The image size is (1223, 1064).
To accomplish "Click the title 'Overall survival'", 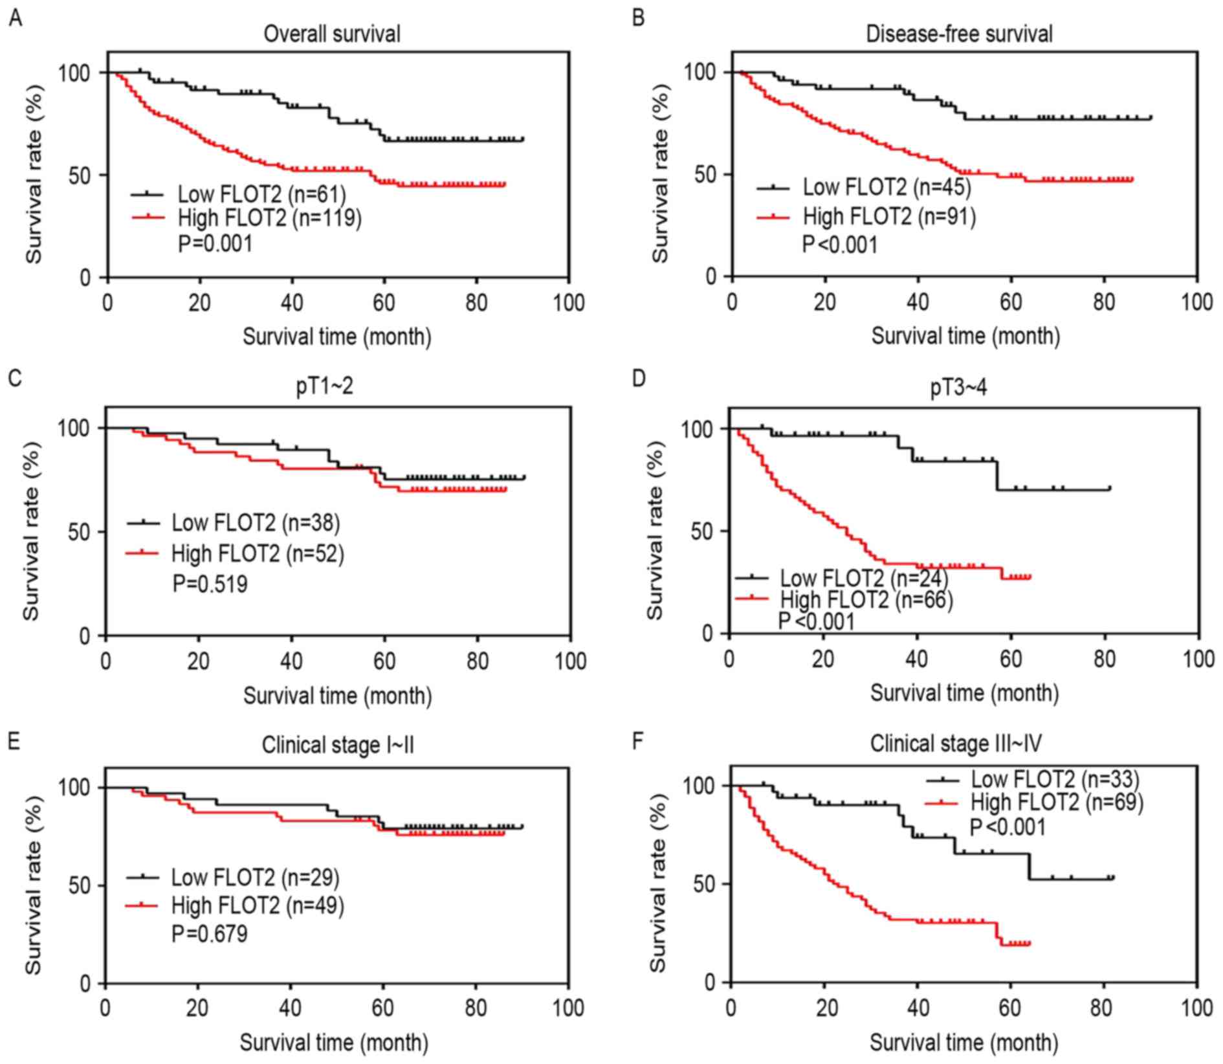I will click(x=332, y=34).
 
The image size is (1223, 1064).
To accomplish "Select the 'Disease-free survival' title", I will click(x=960, y=34).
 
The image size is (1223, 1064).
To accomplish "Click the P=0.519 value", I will click(x=210, y=584).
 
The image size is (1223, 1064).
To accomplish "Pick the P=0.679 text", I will click(x=209, y=934).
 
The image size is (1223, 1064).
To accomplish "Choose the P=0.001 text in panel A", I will click(x=215, y=244).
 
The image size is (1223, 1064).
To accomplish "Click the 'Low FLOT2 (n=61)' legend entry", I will click(x=262, y=194).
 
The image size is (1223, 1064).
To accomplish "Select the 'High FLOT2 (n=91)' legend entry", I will click(x=889, y=216).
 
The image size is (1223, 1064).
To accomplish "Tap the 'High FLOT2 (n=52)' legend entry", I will click(x=258, y=553).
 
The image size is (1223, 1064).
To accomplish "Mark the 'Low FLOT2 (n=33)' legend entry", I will click(x=1055, y=779).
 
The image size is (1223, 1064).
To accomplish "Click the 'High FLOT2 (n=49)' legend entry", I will click(x=258, y=905).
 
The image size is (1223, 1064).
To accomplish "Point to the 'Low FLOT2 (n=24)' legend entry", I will click(x=864, y=578).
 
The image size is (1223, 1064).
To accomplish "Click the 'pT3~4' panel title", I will click(x=959, y=388).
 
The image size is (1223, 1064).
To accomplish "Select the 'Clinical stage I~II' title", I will click(x=338, y=746).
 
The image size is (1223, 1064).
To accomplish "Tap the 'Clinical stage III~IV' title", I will click(x=956, y=744).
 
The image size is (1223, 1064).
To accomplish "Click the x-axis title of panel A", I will click(x=337, y=337).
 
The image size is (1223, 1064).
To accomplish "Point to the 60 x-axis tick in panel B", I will click(x=1011, y=302).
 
